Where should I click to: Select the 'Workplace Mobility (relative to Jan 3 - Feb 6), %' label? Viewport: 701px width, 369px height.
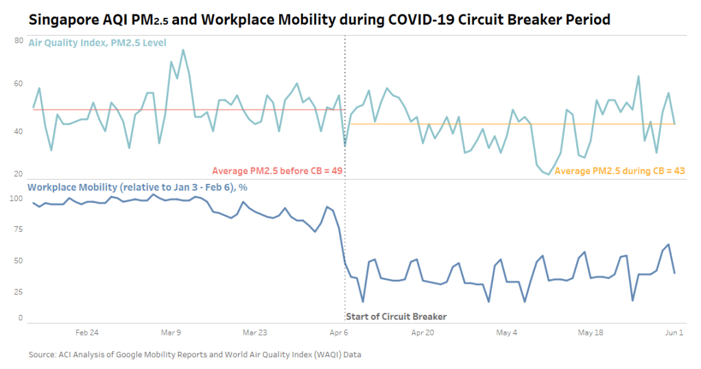click(137, 187)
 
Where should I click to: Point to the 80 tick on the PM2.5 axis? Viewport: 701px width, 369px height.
click(19, 41)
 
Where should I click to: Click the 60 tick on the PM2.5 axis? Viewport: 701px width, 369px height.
click(19, 84)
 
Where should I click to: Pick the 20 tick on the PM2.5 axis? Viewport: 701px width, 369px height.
click(19, 174)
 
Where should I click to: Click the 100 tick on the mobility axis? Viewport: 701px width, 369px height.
click(17, 199)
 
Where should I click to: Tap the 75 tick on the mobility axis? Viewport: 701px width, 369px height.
click(19, 230)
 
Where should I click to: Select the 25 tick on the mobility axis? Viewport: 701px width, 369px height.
click(19, 292)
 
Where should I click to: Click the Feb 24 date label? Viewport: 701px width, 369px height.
click(87, 333)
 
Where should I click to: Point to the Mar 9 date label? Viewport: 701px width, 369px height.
click(171, 333)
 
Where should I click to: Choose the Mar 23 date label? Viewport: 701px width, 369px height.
click(255, 333)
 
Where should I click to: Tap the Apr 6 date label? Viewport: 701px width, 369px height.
click(339, 333)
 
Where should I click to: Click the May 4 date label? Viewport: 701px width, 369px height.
click(506, 333)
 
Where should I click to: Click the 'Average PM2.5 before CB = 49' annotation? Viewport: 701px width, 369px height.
click(277, 171)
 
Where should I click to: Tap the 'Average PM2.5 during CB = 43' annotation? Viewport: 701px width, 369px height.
click(619, 171)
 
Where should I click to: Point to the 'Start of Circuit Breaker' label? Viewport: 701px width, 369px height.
click(396, 317)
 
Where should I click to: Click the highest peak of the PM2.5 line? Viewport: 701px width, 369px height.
click(183, 49)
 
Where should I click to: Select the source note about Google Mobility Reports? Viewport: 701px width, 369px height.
click(195, 355)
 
